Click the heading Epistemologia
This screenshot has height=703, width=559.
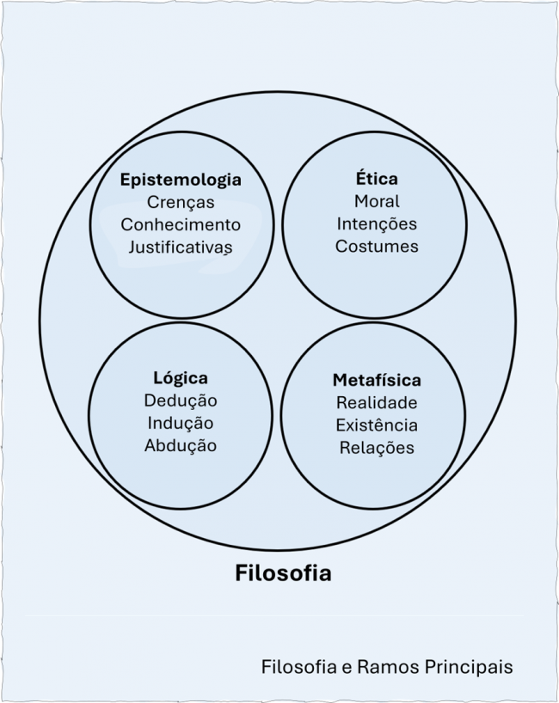click(181, 180)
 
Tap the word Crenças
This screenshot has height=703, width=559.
click(181, 203)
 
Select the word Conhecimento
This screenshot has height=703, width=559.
click(181, 225)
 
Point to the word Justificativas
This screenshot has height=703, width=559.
click(181, 248)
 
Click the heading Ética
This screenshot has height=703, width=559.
click(377, 179)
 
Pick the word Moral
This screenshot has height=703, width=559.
click(377, 201)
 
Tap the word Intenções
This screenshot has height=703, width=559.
click(377, 223)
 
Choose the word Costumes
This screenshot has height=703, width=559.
click(377, 246)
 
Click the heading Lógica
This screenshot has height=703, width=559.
click(181, 378)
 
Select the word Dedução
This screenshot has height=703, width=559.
click(181, 400)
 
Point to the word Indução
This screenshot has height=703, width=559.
click(181, 423)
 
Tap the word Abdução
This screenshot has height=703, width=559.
click(181, 445)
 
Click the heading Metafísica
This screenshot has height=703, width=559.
click(377, 380)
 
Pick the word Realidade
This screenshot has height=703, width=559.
click(377, 402)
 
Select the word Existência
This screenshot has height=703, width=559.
click(377, 425)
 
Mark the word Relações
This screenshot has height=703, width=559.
click(377, 447)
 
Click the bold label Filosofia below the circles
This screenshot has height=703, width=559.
click(283, 573)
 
